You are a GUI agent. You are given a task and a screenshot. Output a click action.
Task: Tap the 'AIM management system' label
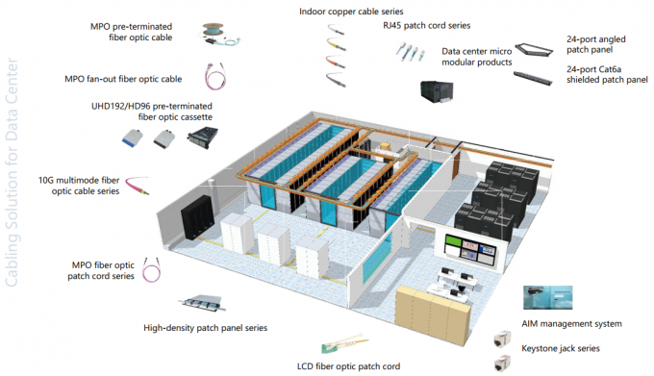click(x=572, y=323)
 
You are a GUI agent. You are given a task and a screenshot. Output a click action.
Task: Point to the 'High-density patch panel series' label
click(x=205, y=327)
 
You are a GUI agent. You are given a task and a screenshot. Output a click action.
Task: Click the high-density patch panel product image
click(x=203, y=304)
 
